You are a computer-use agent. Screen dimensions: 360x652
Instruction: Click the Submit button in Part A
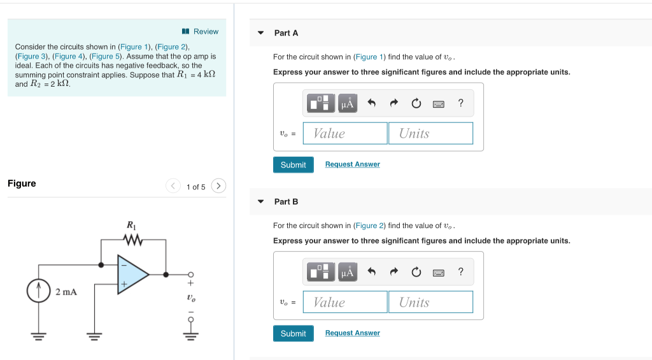point(293,164)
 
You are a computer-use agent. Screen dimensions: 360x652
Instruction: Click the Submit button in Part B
point(293,333)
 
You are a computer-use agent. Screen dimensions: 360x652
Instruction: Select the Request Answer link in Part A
point(352,164)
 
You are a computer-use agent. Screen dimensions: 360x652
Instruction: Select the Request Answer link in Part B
point(352,333)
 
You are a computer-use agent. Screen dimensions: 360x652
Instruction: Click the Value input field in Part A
point(345,133)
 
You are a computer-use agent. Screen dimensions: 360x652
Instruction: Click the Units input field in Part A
point(430,133)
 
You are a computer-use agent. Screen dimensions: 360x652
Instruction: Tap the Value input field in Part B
point(345,302)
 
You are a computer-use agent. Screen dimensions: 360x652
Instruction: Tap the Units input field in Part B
point(430,302)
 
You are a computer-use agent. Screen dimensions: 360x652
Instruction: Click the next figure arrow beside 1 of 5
point(218,186)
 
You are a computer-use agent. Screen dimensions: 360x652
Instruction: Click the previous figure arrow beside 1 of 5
point(173,186)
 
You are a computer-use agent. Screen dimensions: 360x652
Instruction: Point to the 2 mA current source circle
point(39,292)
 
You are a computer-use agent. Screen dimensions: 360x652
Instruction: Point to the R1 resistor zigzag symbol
point(133,240)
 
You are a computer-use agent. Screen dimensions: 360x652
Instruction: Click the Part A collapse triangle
point(260,32)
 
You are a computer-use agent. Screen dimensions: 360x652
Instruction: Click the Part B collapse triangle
point(260,201)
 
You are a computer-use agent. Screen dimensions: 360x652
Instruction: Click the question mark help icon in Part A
point(460,103)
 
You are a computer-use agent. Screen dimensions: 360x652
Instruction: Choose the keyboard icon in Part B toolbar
point(438,273)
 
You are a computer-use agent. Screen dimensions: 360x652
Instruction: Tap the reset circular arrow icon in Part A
point(416,103)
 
